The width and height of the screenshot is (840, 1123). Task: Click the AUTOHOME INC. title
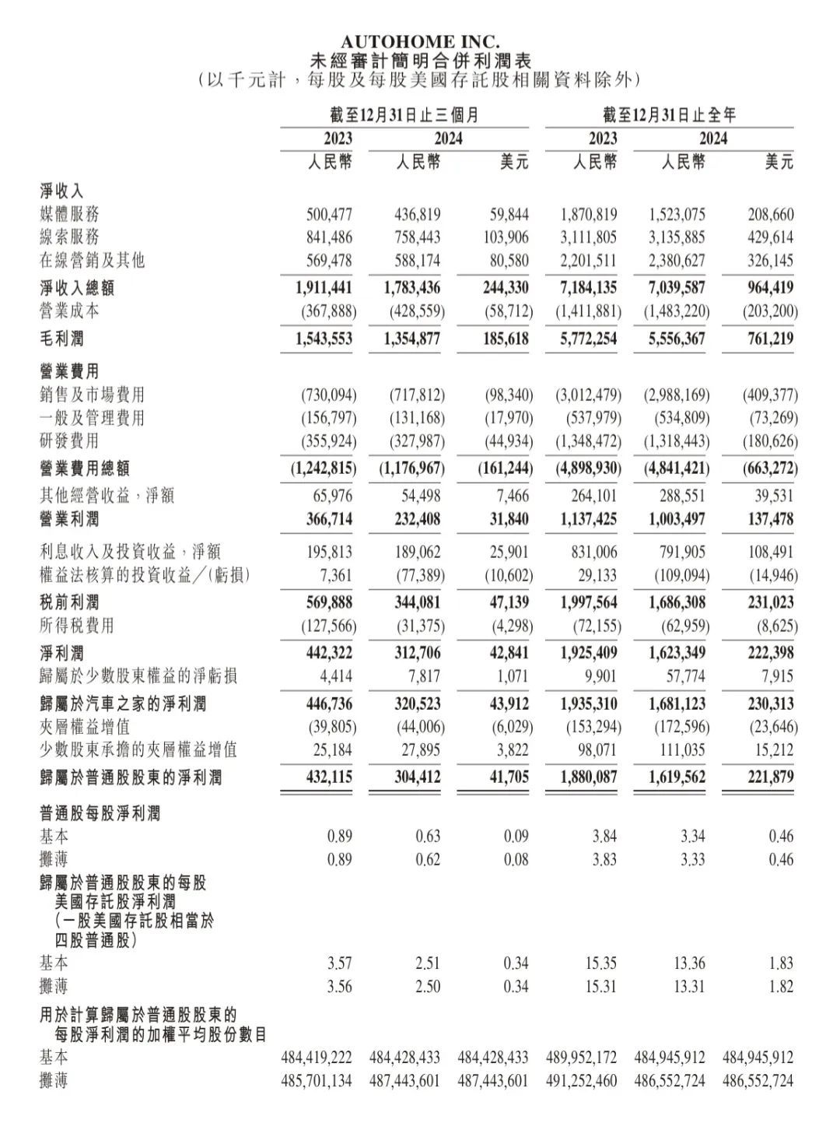pos(420,42)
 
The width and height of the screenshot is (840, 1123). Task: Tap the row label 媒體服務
pos(70,214)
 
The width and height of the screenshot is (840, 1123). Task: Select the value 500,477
pos(329,214)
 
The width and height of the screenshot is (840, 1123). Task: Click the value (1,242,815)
pos(324,469)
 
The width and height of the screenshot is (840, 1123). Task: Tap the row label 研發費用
pos(70,441)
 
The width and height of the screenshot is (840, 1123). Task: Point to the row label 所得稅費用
pos(77,626)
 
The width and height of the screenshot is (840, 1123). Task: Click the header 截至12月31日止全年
pos(669,116)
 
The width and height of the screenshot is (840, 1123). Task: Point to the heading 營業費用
pos(70,372)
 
